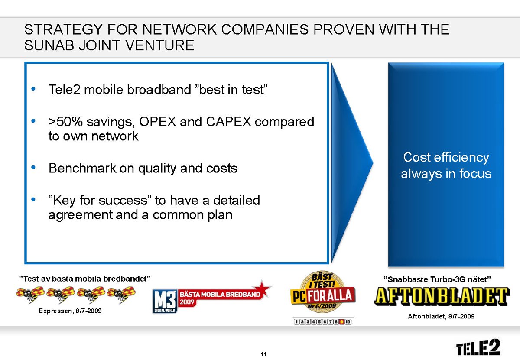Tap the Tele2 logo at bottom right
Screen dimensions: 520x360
[478, 347]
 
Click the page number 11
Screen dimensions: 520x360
[263, 354]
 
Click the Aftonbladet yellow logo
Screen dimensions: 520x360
[442, 296]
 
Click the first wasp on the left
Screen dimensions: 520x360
[30, 295]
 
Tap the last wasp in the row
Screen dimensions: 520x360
[121, 295]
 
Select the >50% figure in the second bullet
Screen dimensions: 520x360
[65, 122]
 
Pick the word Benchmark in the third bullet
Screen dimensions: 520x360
[82, 168]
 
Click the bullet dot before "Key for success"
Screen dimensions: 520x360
[33, 199]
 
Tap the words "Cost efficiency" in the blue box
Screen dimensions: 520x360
[446, 158]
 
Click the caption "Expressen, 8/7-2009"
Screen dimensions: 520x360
[70, 311]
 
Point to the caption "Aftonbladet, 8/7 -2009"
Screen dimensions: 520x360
[441, 316]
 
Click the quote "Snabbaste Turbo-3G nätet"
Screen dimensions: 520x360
[437, 279]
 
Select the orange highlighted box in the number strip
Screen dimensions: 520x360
[342, 322]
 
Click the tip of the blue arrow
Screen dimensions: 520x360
[373, 163]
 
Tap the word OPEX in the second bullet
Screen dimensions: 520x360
[158, 122]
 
